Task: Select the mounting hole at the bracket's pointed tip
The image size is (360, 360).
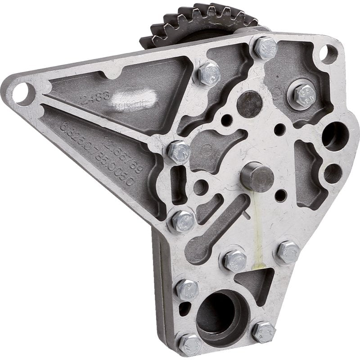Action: point(22,93)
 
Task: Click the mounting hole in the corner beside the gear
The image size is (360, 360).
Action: point(328,54)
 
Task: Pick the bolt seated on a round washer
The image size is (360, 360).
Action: point(305,94)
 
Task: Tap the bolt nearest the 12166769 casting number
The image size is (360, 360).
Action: point(179,152)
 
